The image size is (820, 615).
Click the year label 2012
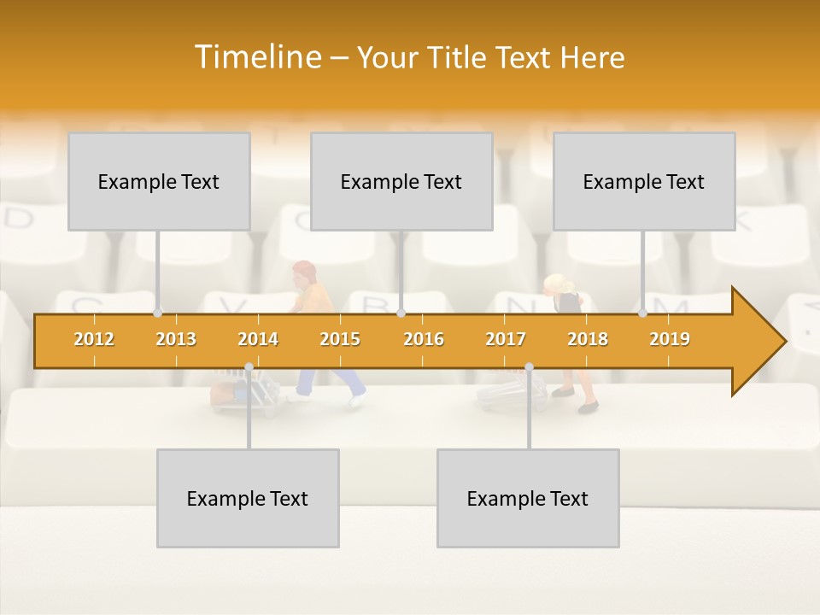pyautogui.click(x=94, y=339)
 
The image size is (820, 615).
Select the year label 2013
pyautogui.click(x=176, y=339)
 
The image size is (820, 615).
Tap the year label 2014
pyautogui.click(x=258, y=339)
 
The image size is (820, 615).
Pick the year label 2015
pyautogui.click(x=340, y=339)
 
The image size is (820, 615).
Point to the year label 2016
pyautogui.click(x=424, y=339)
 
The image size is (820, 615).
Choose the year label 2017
pyautogui.click(x=506, y=339)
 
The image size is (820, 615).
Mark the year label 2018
pyautogui.click(x=588, y=339)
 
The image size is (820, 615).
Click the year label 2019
pyautogui.click(x=670, y=339)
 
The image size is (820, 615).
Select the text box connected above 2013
pyautogui.click(x=159, y=181)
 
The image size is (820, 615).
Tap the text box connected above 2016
pyautogui.click(x=401, y=181)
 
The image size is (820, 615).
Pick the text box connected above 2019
pyautogui.click(x=644, y=181)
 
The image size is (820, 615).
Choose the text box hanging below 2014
pyautogui.click(x=248, y=498)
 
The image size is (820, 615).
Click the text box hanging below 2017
pyautogui.click(x=528, y=498)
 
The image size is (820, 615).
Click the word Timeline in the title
pyautogui.click(x=256, y=57)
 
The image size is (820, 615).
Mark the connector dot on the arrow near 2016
pyautogui.click(x=401, y=313)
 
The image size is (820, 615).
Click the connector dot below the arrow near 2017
pyautogui.click(x=529, y=367)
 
